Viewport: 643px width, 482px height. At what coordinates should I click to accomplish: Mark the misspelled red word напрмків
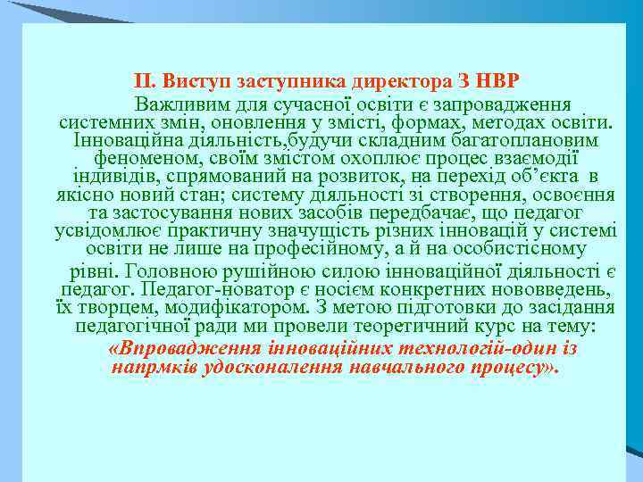(x=149, y=367)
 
